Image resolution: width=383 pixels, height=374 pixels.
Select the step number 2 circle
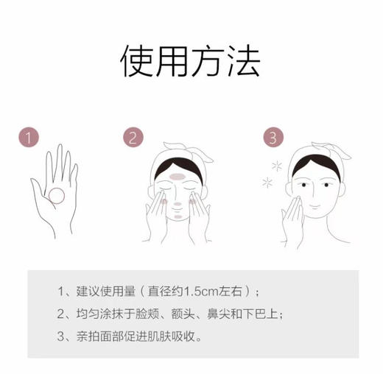[133, 138]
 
